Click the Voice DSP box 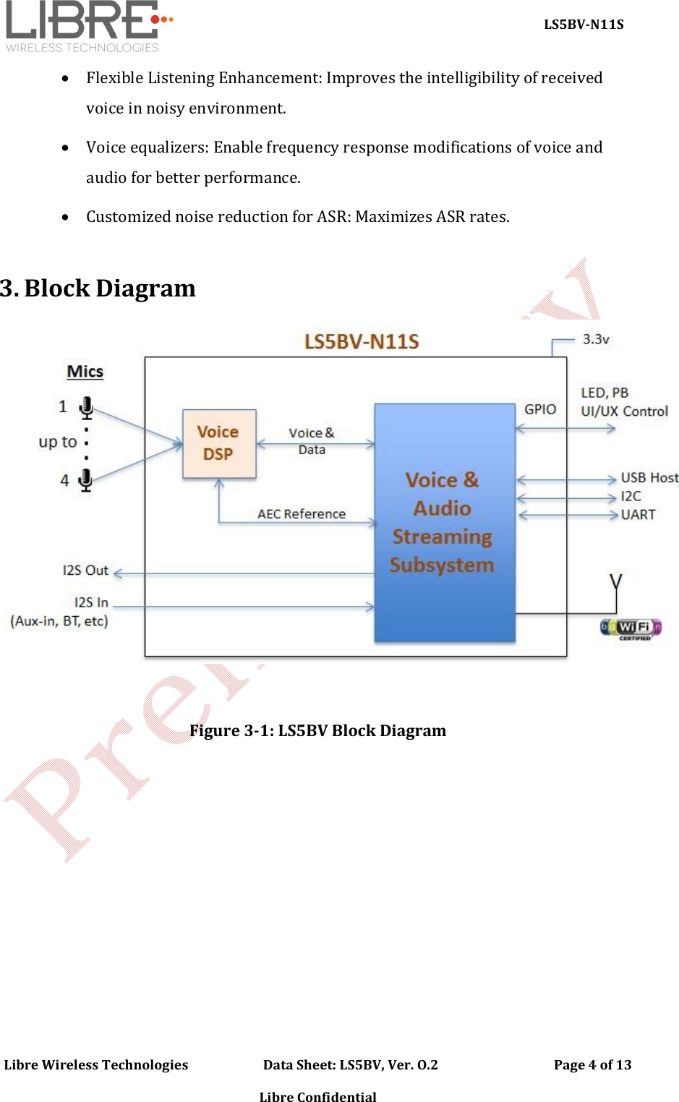[x=219, y=443]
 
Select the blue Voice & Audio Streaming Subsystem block [x=444, y=522]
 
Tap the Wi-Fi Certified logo [x=631, y=628]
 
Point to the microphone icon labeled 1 [x=86, y=407]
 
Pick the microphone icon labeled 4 [x=85, y=479]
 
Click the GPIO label [x=540, y=409]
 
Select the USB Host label [x=649, y=478]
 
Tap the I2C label [x=631, y=496]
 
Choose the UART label [x=638, y=515]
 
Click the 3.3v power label [x=596, y=339]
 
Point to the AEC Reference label [x=302, y=514]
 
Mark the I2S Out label [x=85, y=571]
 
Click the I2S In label [x=91, y=602]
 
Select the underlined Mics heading [x=85, y=372]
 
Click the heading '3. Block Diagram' [x=98, y=289]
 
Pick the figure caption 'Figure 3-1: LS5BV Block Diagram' [x=317, y=730]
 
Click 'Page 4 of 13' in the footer [x=592, y=1064]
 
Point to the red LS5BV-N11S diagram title [x=361, y=341]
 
